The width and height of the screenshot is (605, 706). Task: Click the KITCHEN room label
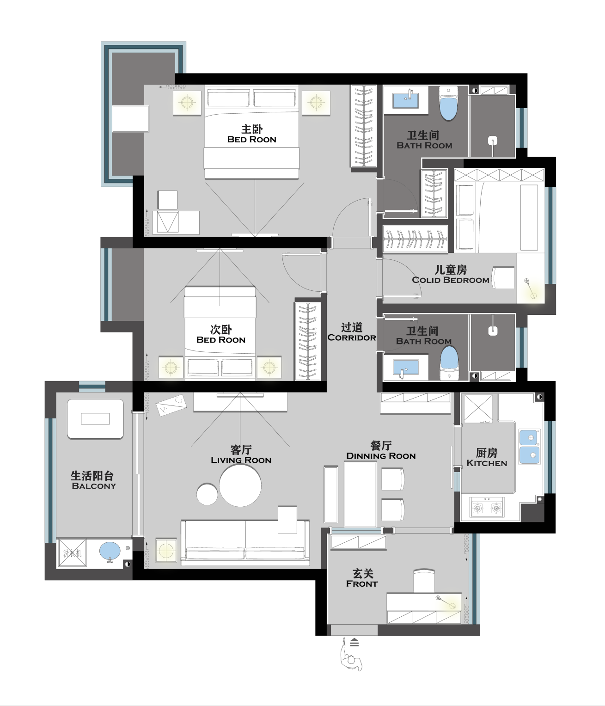pos(487,463)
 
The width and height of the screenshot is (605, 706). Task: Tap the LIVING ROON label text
pos(241,460)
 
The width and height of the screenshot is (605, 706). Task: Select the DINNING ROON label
pos(381,456)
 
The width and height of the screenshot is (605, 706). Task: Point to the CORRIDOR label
pos(352,338)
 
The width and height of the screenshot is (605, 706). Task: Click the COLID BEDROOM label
pos(451,280)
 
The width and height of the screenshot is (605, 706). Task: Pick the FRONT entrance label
pos(362,584)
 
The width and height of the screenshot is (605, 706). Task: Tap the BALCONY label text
pos(94,486)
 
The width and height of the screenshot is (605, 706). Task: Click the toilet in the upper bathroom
pos(448,103)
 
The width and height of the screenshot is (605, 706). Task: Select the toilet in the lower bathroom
pos(449,363)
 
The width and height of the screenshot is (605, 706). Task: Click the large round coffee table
pos(240,485)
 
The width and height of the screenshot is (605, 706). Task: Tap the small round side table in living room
pos(207,494)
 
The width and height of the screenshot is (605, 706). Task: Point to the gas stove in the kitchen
pos(487,508)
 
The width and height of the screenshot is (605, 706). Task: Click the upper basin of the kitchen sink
pos(530,437)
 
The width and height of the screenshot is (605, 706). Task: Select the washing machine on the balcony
pos(72,553)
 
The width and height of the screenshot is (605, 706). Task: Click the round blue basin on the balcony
pos(110,551)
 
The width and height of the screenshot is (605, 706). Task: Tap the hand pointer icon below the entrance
pos(351,654)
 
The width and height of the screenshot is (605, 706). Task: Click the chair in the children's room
pos(503,278)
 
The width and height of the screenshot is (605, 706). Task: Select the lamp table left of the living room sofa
pos(166,550)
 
